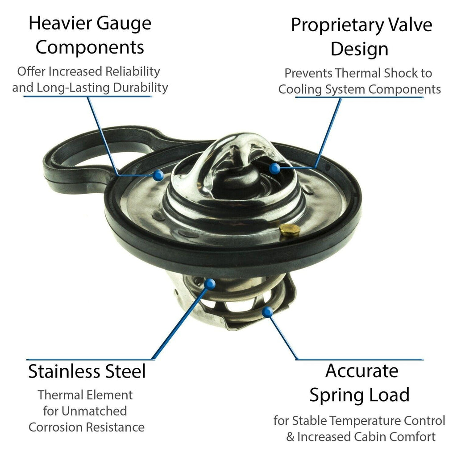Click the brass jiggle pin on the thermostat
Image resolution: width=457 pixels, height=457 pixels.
(290, 230)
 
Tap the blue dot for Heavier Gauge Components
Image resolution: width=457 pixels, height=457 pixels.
(158, 175)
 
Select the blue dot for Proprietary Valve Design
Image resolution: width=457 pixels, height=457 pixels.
(274, 168)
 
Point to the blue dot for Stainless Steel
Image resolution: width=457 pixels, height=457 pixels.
(210, 283)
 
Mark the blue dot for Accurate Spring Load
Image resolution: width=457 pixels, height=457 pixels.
(267, 312)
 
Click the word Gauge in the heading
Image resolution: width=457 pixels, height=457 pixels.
(124, 24)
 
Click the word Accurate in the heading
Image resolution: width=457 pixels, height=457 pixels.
(361, 371)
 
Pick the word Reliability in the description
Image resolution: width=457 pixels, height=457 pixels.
(133, 71)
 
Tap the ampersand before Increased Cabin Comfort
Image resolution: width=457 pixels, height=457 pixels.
(290, 437)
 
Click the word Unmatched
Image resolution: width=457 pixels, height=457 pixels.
(94, 411)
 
